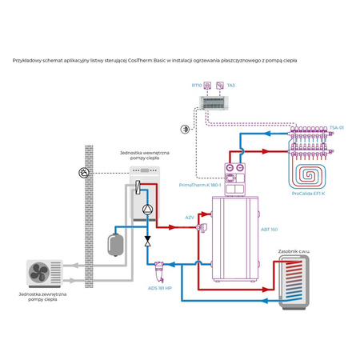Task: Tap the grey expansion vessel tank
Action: tap(116, 239)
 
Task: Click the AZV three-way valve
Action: tap(199, 229)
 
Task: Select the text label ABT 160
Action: tap(270, 230)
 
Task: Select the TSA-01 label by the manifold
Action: tap(337, 127)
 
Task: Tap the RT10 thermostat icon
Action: tap(208, 84)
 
